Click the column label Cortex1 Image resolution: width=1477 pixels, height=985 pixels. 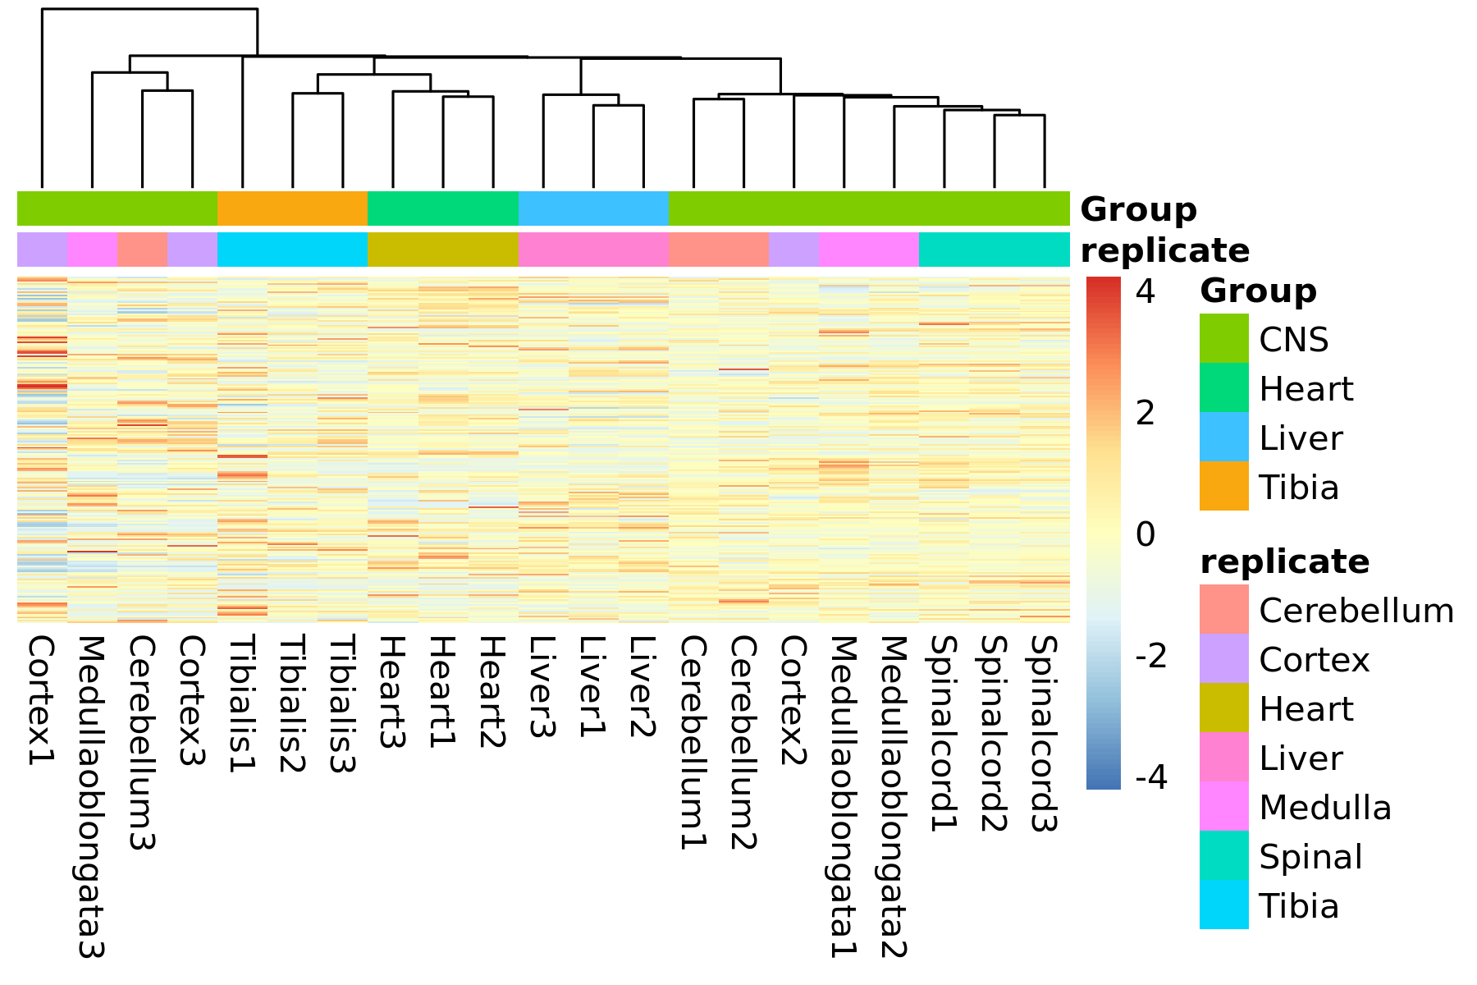41,701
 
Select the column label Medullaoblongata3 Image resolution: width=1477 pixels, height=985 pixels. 91,797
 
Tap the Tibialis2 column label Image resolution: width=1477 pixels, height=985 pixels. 291,704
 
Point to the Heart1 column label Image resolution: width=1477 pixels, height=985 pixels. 441,692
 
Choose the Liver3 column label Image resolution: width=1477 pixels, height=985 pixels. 542,687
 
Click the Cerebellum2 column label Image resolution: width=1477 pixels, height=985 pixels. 742,743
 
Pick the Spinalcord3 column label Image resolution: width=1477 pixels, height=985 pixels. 1042,735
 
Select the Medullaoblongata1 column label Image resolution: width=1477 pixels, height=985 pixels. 842,797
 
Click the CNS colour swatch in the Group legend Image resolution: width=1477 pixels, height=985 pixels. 1223,338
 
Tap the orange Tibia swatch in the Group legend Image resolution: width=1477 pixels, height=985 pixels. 1223,486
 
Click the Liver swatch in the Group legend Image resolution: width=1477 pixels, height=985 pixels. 1223,437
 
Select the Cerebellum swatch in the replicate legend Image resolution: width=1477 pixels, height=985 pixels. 1223,609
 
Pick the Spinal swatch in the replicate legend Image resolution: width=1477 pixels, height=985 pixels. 1223,855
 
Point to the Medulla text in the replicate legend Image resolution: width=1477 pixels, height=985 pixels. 1325,808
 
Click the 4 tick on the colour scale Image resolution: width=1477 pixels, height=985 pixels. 1146,291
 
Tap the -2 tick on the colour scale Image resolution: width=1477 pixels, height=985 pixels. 1151,656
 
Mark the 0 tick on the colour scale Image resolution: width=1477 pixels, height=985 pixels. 1146,534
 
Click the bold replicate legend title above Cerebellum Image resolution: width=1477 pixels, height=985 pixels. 1285,562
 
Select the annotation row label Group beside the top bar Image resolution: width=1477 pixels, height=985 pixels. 1139,210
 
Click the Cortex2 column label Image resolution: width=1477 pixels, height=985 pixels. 792,701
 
